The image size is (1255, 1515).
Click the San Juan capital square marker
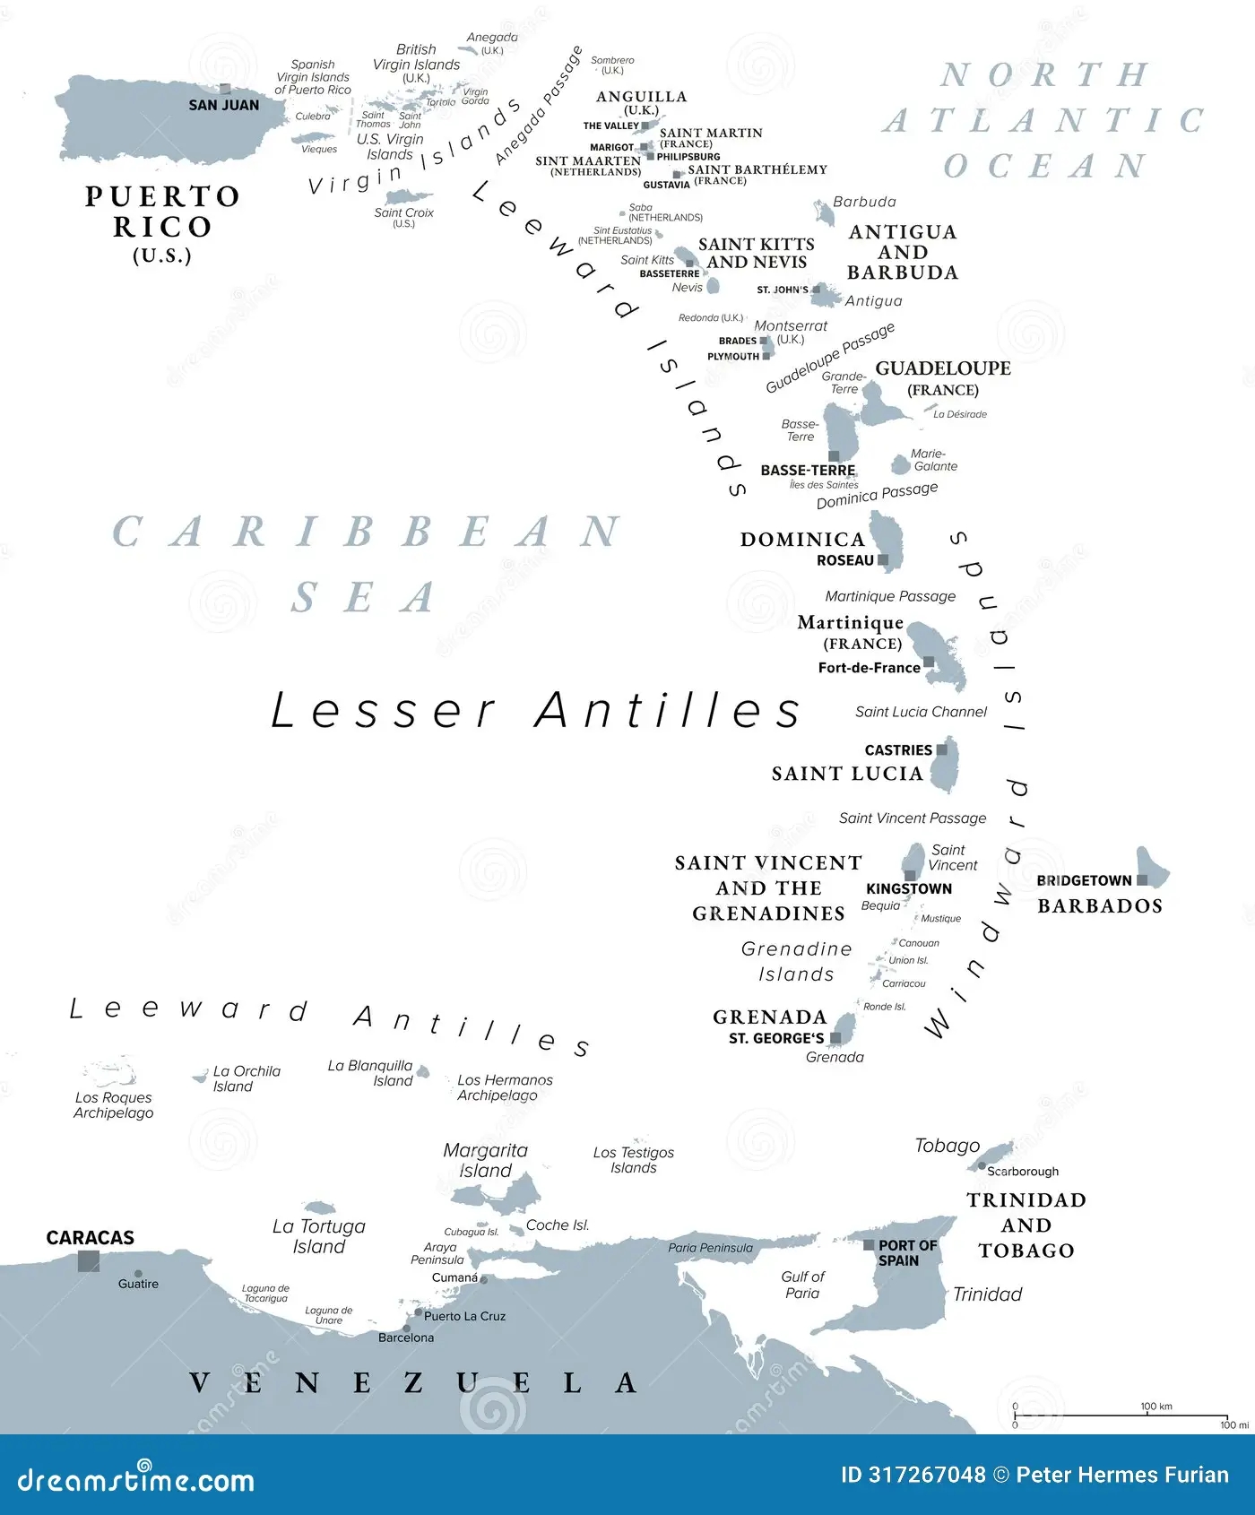[225, 89]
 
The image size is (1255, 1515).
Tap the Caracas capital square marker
[89, 1261]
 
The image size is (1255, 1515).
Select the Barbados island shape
[1154, 868]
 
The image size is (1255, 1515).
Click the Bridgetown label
[1084, 880]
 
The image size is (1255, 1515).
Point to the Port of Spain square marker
[869, 1244]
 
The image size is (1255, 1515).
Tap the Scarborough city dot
[982, 1166]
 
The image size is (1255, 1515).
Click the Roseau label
[844, 560]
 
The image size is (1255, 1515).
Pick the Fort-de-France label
[869, 668]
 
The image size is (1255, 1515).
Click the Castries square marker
[941, 749]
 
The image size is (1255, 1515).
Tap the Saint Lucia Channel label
[921, 712]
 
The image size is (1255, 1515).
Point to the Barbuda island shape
[824, 212]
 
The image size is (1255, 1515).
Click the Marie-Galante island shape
[900, 464]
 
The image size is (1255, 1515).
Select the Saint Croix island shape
[408, 197]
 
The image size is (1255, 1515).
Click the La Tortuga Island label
[319, 1236]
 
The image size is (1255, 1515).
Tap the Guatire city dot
[138, 1273]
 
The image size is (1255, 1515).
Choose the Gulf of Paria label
[802, 1285]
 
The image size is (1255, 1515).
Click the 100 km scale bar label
[1155, 1407]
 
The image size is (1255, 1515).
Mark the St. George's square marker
[835, 1038]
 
